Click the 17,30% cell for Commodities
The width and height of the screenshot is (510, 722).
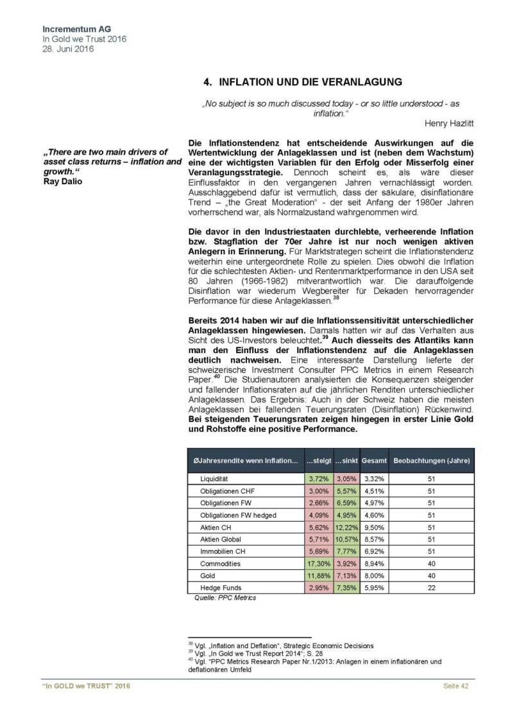click(318, 563)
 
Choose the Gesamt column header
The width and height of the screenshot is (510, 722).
click(373, 461)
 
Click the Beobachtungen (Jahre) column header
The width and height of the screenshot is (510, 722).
click(431, 461)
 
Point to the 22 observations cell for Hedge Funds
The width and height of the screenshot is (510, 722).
click(431, 588)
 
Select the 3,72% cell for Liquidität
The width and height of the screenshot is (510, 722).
click(318, 478)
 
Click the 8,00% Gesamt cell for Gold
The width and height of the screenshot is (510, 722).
click(373, 576)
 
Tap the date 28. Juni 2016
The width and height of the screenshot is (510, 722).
click(66, 49)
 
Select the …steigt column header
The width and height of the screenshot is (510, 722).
click(318, 461)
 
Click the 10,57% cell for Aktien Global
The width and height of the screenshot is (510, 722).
click(347, 539)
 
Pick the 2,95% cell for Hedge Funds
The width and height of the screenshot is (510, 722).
click(318, 588)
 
